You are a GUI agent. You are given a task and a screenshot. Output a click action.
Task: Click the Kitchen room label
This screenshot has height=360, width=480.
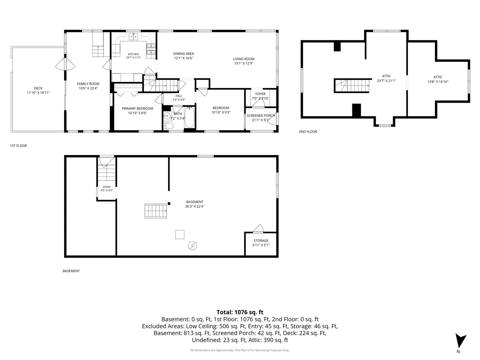(x=133, y=54)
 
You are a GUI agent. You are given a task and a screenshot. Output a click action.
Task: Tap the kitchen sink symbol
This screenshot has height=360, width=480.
(x=133, y=37)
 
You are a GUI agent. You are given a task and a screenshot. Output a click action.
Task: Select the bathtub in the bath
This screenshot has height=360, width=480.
(x=189, y=117)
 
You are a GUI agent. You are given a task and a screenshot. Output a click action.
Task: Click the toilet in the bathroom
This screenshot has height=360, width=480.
(x=168, y=126)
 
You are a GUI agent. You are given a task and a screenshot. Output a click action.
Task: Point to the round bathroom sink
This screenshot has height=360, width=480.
(x=167, y=115)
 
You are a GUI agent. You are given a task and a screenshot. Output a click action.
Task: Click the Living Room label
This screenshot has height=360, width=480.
(x=244, y=59)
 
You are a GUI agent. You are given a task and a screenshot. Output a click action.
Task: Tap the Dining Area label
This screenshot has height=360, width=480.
(x=183, y=54)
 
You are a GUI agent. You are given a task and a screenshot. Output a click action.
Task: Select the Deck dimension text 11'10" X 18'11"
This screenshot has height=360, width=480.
(x=38, y=93)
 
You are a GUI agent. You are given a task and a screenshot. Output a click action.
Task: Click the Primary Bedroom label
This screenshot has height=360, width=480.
(x=137, y=108)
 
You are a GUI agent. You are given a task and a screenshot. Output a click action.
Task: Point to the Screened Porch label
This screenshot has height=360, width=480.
(x=261, y=115)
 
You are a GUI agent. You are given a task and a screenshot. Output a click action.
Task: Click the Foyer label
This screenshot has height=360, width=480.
(x=260, y=94)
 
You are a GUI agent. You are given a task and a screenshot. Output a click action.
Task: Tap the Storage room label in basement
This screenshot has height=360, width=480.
(x=261, y=240)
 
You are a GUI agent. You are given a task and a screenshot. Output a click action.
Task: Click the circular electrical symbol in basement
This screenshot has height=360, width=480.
(x=192, y=246)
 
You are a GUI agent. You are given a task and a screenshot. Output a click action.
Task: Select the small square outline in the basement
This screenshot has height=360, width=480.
(x=180, y=234)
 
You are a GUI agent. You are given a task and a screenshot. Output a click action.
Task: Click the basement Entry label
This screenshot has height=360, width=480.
(x=107, y=187)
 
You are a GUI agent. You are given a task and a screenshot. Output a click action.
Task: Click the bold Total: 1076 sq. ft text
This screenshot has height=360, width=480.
(x=240, y=312)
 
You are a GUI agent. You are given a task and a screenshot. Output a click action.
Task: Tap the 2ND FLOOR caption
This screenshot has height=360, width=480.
(x=308, y=132)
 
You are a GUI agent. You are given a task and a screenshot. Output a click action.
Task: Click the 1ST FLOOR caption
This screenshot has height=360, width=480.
(x=19, y=146)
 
